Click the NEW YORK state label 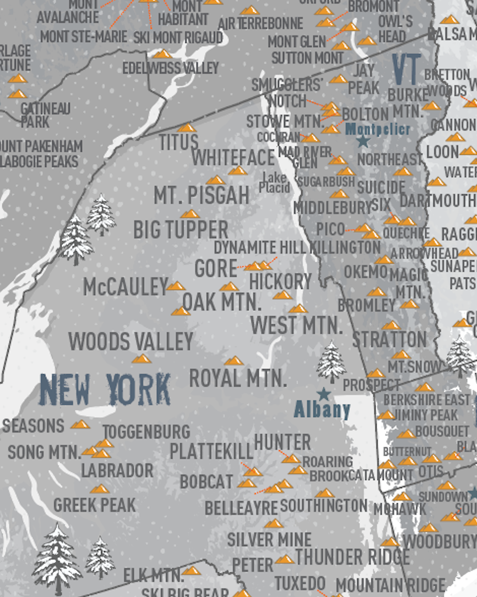pyautogui.click(x=105, y=390)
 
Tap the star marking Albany pyautogui.click(x=324, y=394)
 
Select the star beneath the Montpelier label pyautogui.click(x=363, y=141)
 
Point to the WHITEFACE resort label pyautogui.click(x=233, y=158)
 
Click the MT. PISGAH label pyautogui.click(x=202, y=195)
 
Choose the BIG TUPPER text pyautogui.click(x=181, y=230)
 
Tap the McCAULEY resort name pyautogui.click(x=126, y=287)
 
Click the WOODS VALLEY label pyautogui.click(x=131, y=341)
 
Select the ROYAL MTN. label pyautogui.click(x=238, y=378)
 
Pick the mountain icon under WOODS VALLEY pyautogui.click(x=142, y=359)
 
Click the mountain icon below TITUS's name pyautogui.click(x=187, y=128)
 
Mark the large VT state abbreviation pyautogui.click(x=406, y=69)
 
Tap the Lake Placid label pyautogui.click(x=274, y=183)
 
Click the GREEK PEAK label pyautogui.click(x=95, y=505)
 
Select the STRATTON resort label pyautogui.click(x=390, y=339)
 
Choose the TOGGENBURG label pyautogui.click(x=146, y=432)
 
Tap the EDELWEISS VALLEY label pyautogui.click(x=170, y=68)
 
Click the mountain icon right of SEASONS pyautogui.click(x=80, y=424)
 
